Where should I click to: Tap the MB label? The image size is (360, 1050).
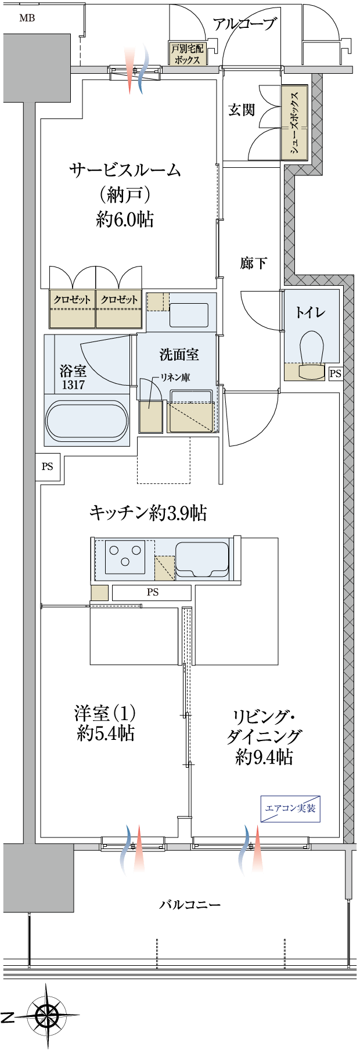pos(27,18)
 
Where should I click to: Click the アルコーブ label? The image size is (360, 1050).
pos(244,24)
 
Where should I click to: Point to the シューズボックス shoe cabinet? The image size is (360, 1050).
pos(294,123)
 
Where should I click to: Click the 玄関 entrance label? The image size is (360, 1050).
pos(242,109)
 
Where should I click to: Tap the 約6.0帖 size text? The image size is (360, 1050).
pos(125,219)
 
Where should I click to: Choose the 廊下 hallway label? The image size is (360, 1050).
pos(254,263)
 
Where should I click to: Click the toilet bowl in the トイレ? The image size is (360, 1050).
pos(312,349)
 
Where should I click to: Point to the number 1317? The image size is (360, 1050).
pos(73,384)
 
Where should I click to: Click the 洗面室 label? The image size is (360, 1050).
pos(179,354)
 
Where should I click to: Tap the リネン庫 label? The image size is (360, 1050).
pos(175,377)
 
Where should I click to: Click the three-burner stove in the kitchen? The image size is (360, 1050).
pos(125,556)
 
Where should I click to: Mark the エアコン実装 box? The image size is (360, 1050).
pos(290,808)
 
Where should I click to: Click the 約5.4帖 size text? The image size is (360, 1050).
pos(106,733)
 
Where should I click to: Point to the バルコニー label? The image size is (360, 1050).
pos(190,905)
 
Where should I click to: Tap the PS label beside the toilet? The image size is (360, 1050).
pos(335,374)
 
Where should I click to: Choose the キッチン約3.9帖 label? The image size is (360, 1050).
pos(148,513)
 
